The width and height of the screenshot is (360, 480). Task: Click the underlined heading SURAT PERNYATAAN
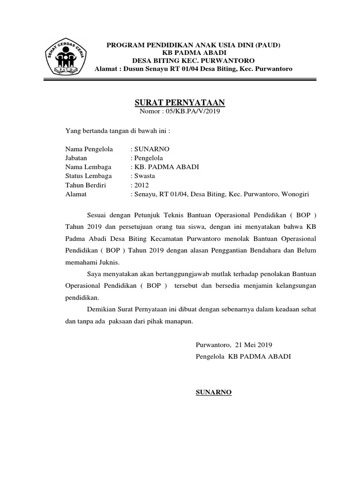point(180,102)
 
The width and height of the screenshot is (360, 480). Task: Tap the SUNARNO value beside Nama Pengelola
point(152,149)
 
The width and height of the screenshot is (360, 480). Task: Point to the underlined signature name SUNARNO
point(213,392)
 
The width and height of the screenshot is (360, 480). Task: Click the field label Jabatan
point(76,158)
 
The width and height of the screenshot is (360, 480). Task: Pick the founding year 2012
point(142,185)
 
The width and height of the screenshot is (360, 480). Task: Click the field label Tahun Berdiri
point(85,185)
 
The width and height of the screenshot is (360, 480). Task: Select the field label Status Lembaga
point(89,176)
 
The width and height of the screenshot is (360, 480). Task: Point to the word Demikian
point(102,310)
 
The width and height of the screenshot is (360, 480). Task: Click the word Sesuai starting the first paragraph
point(97,215)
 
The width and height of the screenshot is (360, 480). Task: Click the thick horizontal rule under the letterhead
point(180,81)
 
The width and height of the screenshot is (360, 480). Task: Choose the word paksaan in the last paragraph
point(122,322)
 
